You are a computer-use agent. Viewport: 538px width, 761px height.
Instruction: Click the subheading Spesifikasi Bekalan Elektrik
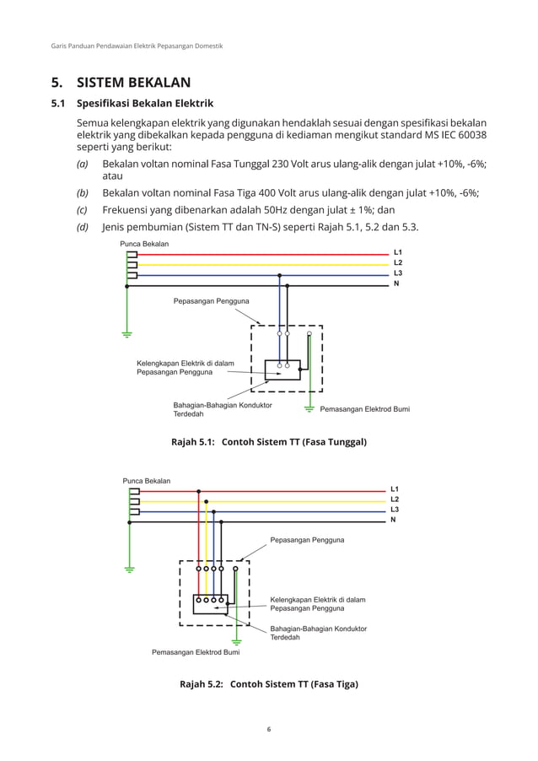click(144, 105)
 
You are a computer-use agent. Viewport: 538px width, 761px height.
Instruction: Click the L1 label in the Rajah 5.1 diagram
click(397, 253)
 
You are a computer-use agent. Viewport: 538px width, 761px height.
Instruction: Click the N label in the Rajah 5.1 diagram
click(395, 283)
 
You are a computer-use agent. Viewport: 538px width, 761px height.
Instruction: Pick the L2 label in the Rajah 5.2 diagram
click(394, 499)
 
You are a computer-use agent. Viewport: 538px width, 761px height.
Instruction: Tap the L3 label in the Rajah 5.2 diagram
click(394, 510)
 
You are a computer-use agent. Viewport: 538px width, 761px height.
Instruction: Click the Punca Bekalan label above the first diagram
click(144, 244)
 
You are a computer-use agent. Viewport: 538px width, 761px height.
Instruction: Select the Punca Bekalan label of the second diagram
click(147, 481)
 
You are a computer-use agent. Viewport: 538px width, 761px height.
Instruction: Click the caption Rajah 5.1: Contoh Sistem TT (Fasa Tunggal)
click(268, 441)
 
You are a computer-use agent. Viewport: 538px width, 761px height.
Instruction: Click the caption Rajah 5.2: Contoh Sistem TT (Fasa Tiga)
click(268, 684)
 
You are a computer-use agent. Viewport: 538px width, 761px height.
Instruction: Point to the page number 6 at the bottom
click(268, 730)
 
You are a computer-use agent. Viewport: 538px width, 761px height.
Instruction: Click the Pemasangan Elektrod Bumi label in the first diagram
click(364, 409)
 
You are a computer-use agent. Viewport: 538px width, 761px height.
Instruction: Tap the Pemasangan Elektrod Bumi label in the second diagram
click(195, 652)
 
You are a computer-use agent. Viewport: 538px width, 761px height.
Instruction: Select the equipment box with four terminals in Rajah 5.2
click(210, 604)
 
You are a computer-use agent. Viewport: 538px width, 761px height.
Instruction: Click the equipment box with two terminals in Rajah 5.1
click(282, 370)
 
